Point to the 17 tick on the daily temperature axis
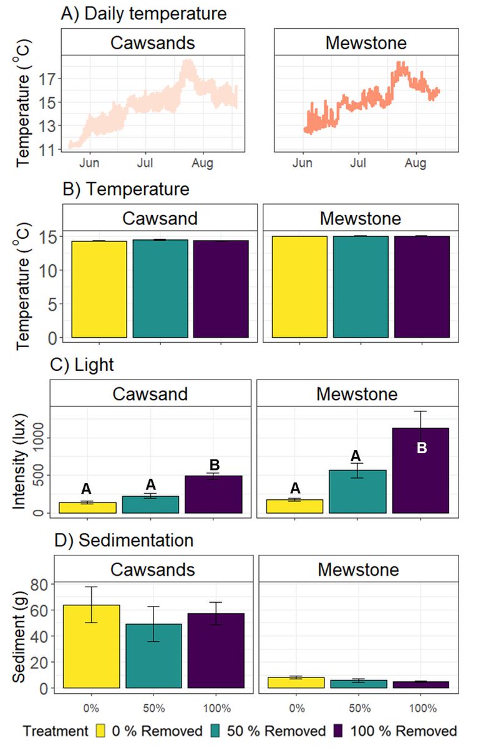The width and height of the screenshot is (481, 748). [x=49, y=79]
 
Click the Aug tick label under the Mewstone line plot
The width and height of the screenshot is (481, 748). [x=415, y=163]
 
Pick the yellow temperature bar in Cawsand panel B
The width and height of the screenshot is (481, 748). [x=99, y=289]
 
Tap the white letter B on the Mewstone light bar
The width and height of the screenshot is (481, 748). [x=421, y=448]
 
